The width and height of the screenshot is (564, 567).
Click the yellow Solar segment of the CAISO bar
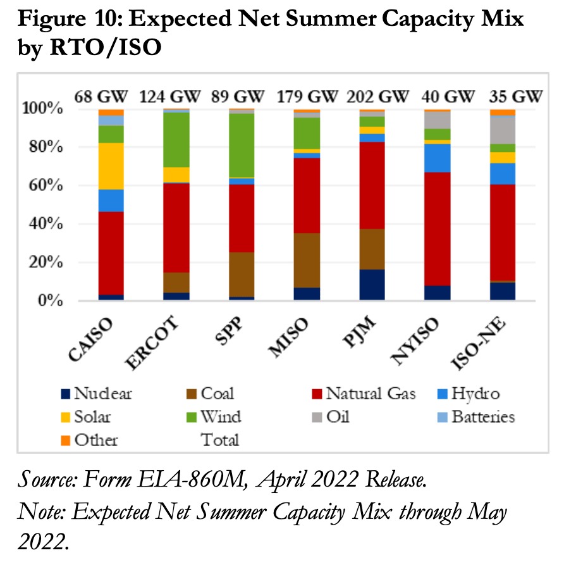pyautogui.click(x=111, y=166)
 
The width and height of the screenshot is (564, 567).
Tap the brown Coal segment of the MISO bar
pyautogui.click(x=307, y=260)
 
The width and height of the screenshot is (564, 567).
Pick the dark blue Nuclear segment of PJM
pyautogui.click(x=372, y=285)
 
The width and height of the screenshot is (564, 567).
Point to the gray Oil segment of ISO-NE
pyautogui.click(x=503, y=130)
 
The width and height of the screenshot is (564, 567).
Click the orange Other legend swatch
pyautogui.click(x=64, y=440)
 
